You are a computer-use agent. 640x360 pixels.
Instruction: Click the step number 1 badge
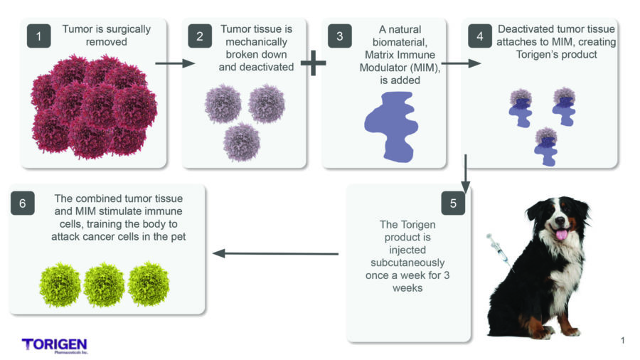pyautogui.click(x=40, y=36)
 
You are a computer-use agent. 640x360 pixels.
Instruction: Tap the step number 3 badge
pyautogui.click(x=341, y=36)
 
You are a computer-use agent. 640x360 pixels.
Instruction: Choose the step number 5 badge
pyautogui.click(x=453, y=203)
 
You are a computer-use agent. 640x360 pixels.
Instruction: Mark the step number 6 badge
pyautogui.click(x=23, y=203)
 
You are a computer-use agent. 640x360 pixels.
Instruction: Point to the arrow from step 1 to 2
pyautogui.click(x=174, y=63)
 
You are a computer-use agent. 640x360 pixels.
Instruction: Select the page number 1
pyautogui.click(x=623, y=341)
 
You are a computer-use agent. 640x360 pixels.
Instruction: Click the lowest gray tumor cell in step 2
pyautogui.click(x=242, y=142)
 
